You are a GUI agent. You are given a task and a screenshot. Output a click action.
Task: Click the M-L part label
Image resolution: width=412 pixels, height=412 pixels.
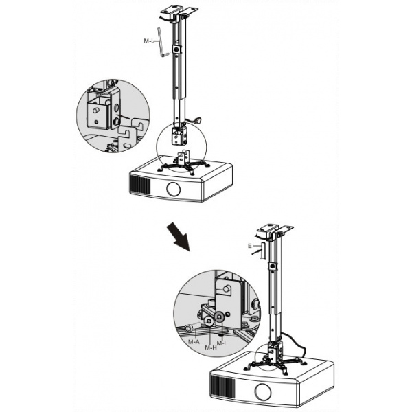[149, 41]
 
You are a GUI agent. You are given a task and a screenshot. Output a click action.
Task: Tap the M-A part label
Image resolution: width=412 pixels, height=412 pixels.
[194, 341]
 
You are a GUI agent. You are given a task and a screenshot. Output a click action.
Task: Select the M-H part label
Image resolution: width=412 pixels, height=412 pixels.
[211, 347]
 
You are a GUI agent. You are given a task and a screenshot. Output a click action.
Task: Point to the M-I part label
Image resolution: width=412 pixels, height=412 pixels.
[221, 343]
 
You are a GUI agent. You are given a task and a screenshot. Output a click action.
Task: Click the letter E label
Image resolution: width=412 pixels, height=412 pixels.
[250, 246]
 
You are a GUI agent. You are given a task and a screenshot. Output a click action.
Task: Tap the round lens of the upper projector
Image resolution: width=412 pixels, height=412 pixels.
[174, 190]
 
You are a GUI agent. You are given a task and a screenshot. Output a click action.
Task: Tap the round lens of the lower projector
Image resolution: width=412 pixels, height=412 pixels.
[263, 392]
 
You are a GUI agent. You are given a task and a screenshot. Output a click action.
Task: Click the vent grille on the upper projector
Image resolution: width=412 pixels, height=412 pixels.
[139, 185]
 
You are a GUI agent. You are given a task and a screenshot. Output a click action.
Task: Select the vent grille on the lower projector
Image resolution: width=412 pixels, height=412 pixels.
[222, 386]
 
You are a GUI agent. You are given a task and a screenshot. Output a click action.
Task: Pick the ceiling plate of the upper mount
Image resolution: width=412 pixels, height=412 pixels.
[179, 12]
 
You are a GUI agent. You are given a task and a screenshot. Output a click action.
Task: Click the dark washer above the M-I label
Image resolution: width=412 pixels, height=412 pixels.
[218, 317]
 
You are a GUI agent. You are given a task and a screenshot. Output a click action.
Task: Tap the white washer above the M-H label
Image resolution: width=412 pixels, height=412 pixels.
[209, 321]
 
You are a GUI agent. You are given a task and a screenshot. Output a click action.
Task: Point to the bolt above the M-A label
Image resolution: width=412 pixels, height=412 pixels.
[192, 327]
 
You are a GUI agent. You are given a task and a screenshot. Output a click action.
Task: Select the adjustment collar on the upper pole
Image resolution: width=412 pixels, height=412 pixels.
[176, 49]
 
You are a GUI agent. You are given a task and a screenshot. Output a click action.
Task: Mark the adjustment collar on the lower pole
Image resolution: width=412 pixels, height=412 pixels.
[273, 266]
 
